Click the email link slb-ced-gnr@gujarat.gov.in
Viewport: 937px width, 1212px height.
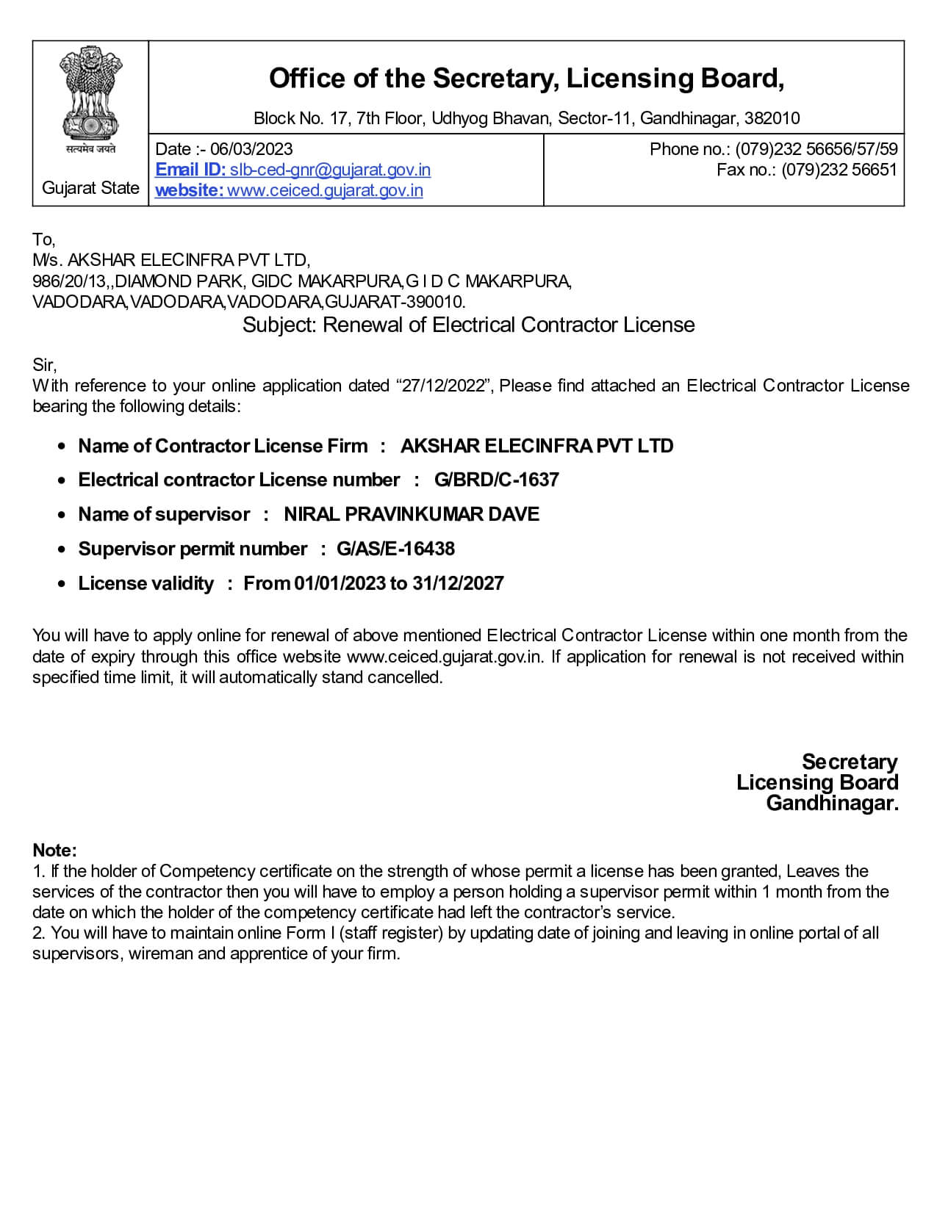(x=330, y=170)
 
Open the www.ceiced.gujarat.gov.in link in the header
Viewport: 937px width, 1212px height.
(x=325, y=190)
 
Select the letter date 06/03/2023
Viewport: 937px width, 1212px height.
(x=251, y=149)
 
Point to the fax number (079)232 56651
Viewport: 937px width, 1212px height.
(x=839, y=170)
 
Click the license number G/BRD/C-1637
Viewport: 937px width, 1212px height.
(x=496, y=480)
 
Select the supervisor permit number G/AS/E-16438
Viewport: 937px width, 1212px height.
(x=395, y=549)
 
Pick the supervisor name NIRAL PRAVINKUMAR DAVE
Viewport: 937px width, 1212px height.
(x=412, y=514)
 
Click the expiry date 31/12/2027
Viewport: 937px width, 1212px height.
(x=458, y=583)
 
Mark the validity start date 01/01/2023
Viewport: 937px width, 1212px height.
(x=340, y=583)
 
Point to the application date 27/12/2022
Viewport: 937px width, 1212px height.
(x=444, y=386)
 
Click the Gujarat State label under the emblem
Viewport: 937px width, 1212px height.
(x=90, y=188)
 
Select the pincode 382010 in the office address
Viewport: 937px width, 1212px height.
(x=772, y=118)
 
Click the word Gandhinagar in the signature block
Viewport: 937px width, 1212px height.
(x=831, y=803)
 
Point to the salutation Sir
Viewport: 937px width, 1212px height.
(x=43, y=365)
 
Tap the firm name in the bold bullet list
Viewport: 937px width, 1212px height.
(x=536, y=446)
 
